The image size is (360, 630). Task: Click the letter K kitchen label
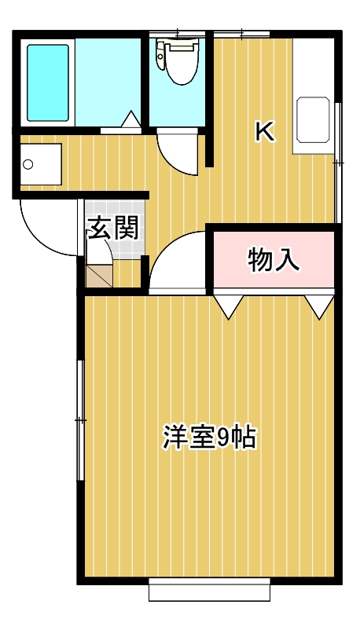tap(264, 132)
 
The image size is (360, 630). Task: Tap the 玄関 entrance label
tap(113, 228)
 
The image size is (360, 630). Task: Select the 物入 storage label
tap(274, 259)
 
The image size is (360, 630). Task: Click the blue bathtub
tap(48, 82)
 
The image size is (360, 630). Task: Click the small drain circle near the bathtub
tap(29, 164)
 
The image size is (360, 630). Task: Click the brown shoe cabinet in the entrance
tap(99, 275)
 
